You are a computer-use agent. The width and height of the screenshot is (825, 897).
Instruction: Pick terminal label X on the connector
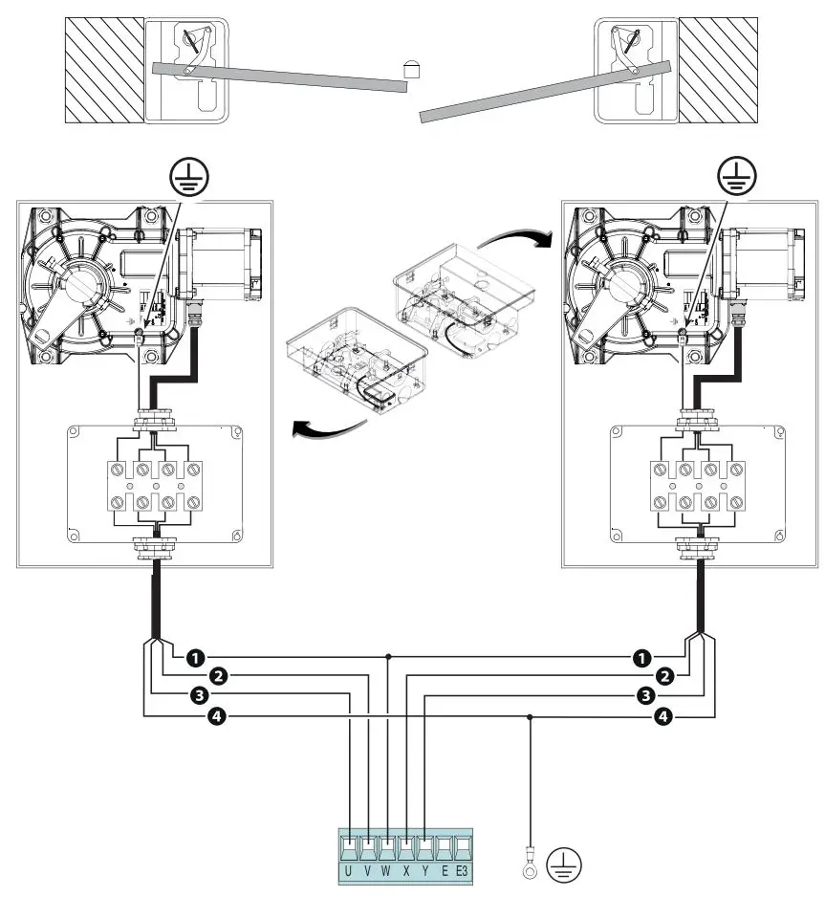(406, 871)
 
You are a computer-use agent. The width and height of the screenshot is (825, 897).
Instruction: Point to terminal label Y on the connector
(424, 871)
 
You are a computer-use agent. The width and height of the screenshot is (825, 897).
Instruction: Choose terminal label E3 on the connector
(462, 871)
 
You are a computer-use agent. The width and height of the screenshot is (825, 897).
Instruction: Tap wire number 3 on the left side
(199, 695)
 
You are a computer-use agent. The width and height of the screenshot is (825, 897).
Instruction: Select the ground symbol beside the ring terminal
(562, 865)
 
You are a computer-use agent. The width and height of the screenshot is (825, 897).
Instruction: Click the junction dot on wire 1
(387, 658)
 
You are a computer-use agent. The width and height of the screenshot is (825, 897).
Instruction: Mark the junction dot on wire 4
(529, 716)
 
